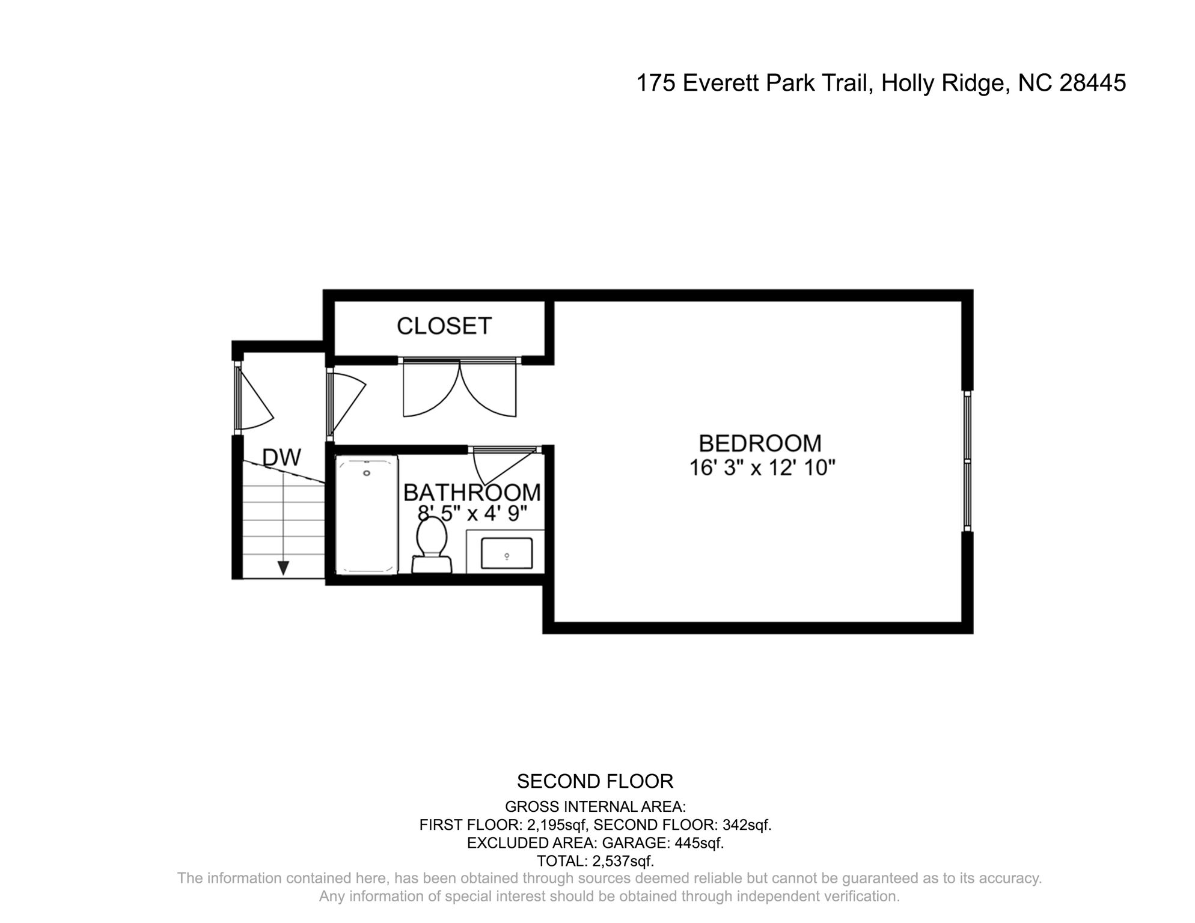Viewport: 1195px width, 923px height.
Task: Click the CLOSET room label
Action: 444,326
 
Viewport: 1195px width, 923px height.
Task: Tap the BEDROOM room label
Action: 760,443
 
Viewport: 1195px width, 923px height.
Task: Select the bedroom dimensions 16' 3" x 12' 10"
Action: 762,468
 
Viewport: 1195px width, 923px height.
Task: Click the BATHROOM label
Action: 471,493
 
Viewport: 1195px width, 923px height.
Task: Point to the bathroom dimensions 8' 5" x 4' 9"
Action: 472,513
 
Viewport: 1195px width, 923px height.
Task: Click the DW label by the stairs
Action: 281,458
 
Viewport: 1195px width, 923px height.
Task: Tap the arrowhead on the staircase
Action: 283,567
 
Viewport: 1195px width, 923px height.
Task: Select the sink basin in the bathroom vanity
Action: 506,553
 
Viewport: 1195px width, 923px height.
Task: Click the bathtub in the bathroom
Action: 367,514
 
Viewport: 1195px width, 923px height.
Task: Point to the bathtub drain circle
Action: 367,474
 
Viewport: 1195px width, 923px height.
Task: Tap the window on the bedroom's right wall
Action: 967,461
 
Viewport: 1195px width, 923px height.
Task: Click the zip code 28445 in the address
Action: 1092,83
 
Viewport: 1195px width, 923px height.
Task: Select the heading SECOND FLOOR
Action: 595,781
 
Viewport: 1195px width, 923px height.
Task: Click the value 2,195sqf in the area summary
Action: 556,825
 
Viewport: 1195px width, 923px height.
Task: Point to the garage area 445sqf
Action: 698,843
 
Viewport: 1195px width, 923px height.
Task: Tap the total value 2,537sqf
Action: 623,861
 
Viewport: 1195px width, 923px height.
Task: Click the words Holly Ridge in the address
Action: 943,83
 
